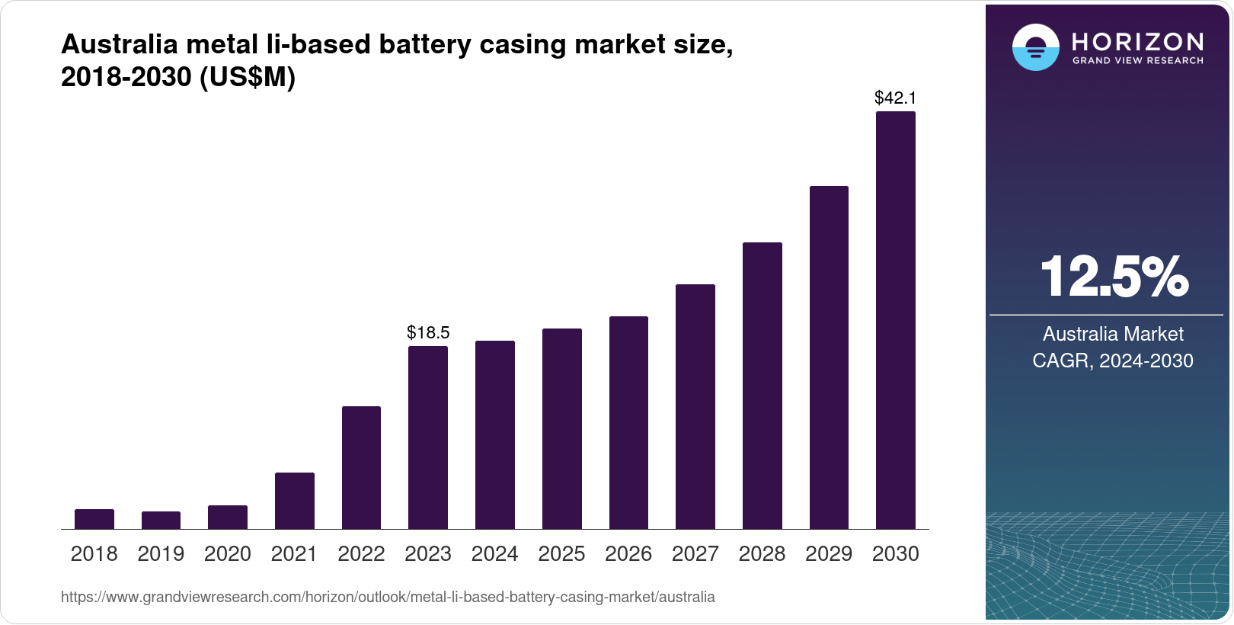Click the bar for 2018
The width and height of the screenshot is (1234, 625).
(x=94, y=519)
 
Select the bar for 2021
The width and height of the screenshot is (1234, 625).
(x=295, y=501)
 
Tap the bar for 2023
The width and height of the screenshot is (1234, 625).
(x=428, y=437)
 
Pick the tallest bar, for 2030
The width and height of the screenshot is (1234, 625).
(x=896, y=320)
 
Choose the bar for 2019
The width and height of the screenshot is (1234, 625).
(x=161, y=521)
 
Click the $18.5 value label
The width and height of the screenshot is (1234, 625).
(x=428, y=332)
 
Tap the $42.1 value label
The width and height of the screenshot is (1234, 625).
(x=895, y=98)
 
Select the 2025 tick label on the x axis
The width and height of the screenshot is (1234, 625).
(x=561, y=554)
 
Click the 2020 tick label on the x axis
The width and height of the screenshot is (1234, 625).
(x=228, y=554)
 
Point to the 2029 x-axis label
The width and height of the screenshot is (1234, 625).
(x=829, y=554)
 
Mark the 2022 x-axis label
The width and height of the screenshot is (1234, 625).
(x=361, y=554)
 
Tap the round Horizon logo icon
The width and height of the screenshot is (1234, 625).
(x=1035, y=47)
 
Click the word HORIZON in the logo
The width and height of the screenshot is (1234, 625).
(x=1137, y=41)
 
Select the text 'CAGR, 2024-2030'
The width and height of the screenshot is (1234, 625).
(x=1113, y=361)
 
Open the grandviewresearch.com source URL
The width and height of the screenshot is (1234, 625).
(x=388, y=597)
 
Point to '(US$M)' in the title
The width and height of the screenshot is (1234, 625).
(x=247, y=77)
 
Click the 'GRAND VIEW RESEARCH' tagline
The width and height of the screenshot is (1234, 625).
(x=1138, y=60)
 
